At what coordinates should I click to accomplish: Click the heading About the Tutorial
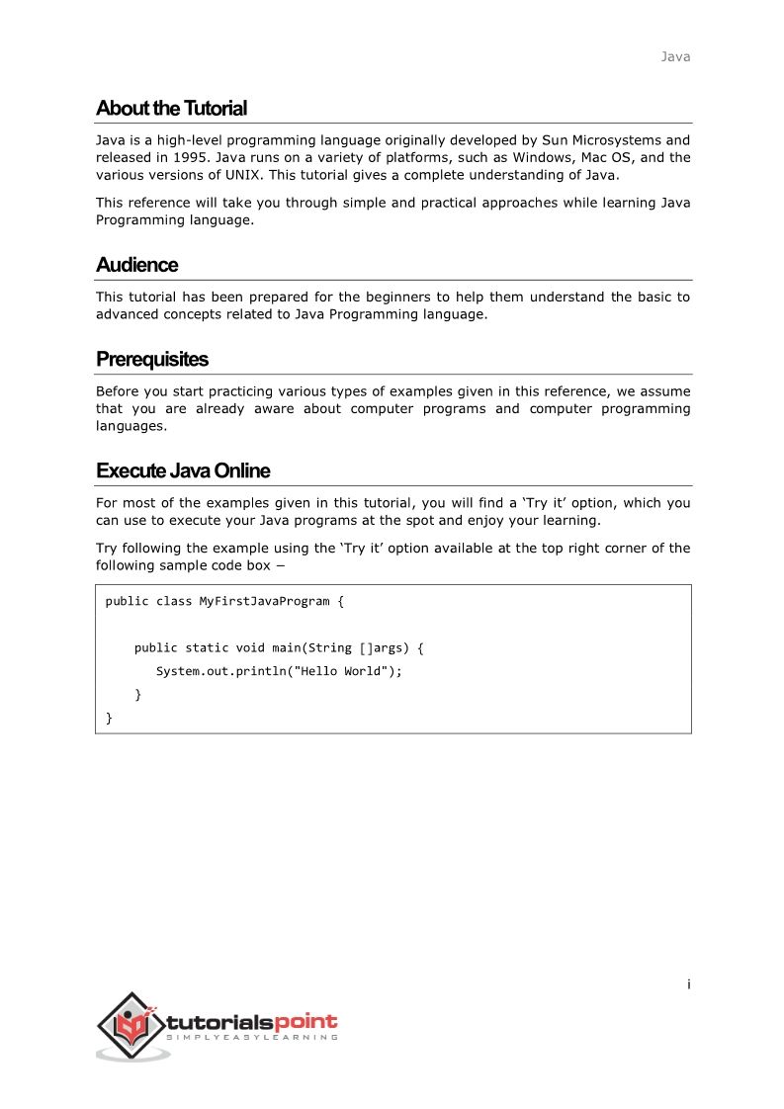click(x=171, y=108)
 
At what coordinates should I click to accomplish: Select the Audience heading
click(x=136, y=265)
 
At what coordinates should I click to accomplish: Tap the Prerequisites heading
click(x=151, y=359)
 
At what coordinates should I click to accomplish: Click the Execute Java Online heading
click(x=183, y=470)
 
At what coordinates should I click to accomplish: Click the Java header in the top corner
click(x=675, y=56)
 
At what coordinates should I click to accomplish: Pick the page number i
click(x=688, y=983)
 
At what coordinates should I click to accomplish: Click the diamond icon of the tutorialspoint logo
click(x=131, y=1026)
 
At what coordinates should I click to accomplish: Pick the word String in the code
click(x=329, y=648)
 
